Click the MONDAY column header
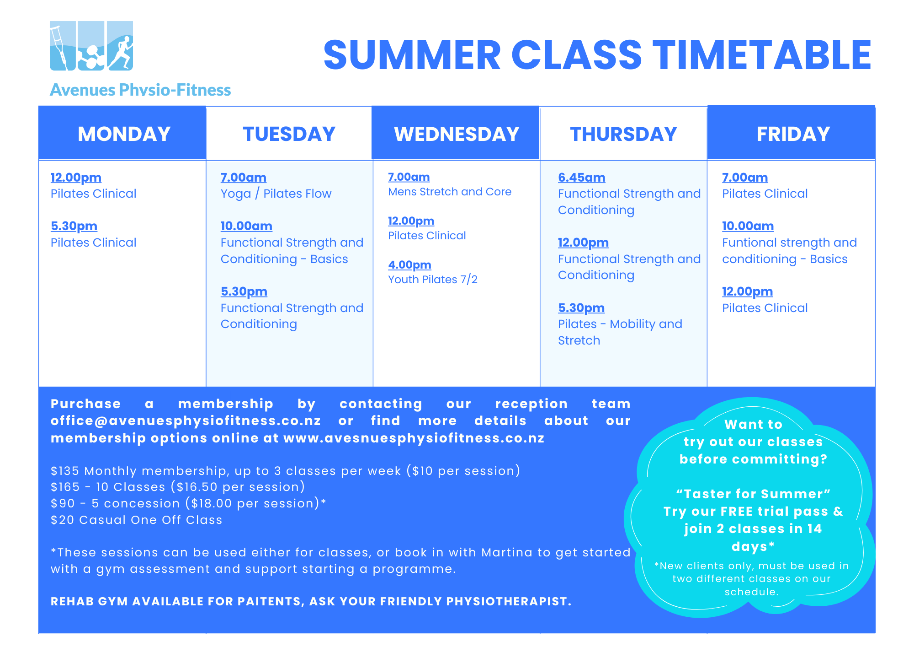[x=124, y=134]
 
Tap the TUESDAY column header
[x=289, y=134]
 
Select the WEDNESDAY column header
[x=457, y=134]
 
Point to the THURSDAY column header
[x=623, y=134]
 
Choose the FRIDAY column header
[x=793, y=134]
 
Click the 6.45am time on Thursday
[x=581, y=178]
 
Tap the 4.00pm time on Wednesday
[x=409, y=265]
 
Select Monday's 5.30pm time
[x=74, y=226]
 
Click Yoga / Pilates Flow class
[x=276, y=194]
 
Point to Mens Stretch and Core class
[x=450, y=192]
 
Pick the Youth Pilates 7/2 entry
[x=433, y=280]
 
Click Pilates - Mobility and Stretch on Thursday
[x=620, y=332]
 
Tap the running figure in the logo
[x=121, y=53]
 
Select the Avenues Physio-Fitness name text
[x=140, y=90]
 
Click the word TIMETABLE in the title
[x=762, y=55]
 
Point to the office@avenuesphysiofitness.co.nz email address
[x=186, y=421]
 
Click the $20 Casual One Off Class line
[x=137, y=520]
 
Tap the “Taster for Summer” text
[x=753, y=494]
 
